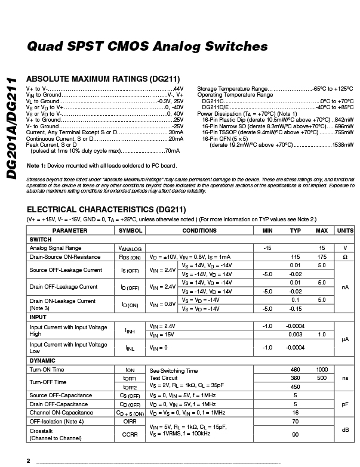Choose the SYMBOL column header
(130, 230)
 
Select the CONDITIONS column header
(199, 230)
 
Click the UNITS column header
(344, 230)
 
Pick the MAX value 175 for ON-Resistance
(322, 256)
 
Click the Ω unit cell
(344, 256)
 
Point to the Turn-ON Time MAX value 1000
(322, 370)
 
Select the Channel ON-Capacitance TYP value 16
(295, 412)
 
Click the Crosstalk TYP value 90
(295, 434)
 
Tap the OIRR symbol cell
(130, 421)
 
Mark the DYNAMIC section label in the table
(42, 361)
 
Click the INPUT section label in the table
(38, 317)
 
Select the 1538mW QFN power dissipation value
(341, 145)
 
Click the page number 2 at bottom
(28, 461)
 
